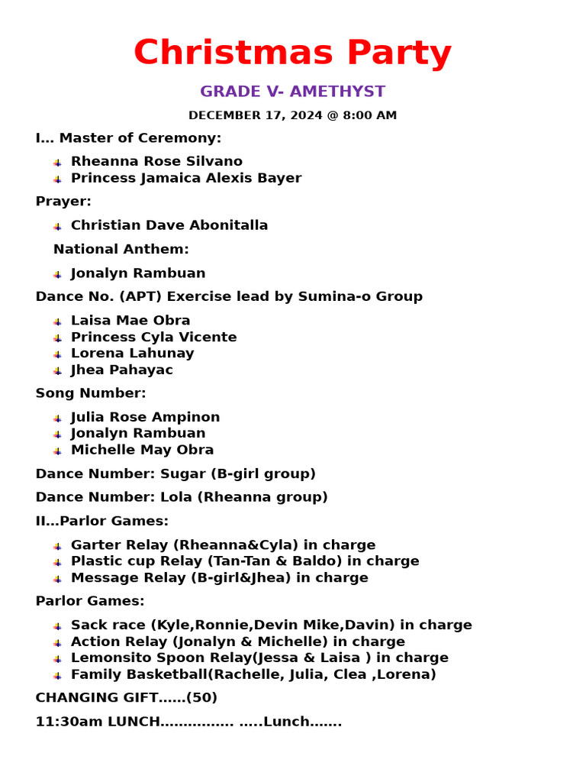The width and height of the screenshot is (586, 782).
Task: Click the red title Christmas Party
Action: [x=292, y=54]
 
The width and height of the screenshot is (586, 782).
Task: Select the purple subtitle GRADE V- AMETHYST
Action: [x=292, y=92]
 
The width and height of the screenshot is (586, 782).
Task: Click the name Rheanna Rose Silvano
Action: [x=156, y=162]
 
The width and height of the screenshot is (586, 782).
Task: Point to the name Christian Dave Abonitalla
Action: [x=169, y=225]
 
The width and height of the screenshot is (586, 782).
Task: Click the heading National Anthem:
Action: [x=121, y=249]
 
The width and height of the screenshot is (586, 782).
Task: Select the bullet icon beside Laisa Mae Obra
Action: [x=57, y=322]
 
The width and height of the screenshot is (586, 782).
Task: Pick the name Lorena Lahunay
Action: [x=132, y=354]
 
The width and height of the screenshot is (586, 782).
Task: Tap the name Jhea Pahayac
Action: [x=121, y=370]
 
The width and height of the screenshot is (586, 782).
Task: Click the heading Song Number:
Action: [x=90, y=393]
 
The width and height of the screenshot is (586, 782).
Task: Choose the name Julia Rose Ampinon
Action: [x=145, y=418]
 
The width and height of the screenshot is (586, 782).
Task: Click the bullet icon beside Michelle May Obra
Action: [x=57, y=451]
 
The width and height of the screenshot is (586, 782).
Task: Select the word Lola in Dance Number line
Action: [x=176, y=497]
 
